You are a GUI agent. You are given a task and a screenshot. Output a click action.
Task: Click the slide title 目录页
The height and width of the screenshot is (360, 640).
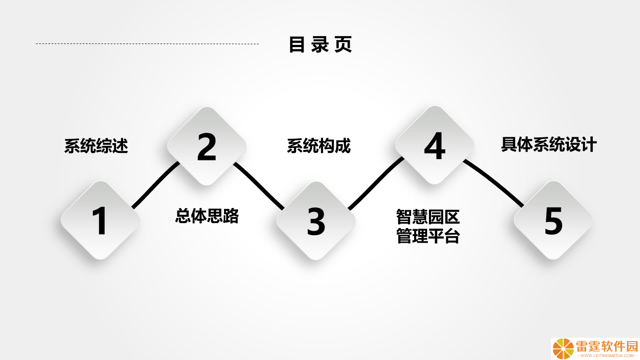coord(320,44)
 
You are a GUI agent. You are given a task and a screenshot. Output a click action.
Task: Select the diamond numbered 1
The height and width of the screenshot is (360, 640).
coord(100,220)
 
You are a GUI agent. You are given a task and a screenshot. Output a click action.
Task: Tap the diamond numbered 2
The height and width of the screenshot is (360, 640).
coord(207,146)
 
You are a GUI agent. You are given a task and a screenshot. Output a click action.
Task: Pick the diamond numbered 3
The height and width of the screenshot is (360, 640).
coord(316,221)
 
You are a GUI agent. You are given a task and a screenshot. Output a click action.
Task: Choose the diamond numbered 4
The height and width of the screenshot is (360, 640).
coord(435,145)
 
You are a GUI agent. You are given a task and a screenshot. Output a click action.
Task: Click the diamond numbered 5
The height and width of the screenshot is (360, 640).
coord(553,220)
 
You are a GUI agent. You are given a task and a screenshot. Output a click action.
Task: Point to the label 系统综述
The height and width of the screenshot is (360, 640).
coord(96,146)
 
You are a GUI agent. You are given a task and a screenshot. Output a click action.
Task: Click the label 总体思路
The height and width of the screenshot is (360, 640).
coord(207,216)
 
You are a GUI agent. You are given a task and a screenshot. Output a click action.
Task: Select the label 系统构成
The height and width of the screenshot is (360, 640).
coord(319,146)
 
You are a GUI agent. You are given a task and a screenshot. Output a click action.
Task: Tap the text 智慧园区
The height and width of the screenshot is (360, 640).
coord(428,217)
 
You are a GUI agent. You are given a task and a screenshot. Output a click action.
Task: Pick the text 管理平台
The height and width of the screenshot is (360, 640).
coord(428,236)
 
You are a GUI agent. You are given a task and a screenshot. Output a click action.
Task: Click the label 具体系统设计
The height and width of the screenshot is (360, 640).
coord(549,144)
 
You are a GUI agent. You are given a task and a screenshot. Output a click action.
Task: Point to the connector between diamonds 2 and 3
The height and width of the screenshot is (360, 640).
coord(259,186)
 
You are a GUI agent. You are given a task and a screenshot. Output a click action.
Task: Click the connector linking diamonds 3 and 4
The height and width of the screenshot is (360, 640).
coord(376,184)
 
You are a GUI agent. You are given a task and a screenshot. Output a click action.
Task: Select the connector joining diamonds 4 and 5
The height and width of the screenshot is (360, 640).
coord(493,182)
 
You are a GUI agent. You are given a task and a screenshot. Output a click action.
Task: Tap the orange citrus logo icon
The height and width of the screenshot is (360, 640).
coord(563,349)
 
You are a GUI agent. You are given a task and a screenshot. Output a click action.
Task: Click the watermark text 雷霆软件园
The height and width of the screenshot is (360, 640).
coord(607,346)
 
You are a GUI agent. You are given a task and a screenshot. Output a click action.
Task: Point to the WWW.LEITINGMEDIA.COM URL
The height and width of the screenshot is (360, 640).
coord(607,356)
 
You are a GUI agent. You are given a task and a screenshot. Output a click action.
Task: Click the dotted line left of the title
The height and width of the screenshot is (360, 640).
coord(147,44)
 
